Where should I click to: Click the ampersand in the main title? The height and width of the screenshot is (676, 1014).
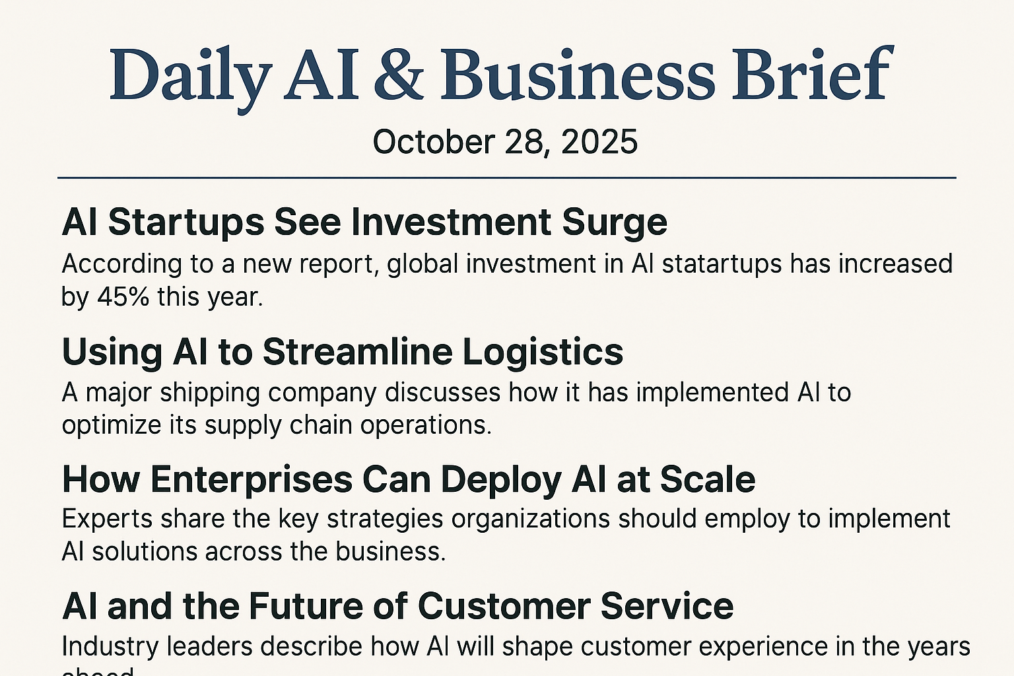399,75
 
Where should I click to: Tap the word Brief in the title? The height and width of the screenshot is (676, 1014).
812,75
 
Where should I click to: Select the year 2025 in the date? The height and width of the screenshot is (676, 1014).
599,142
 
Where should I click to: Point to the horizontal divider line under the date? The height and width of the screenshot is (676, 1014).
507,178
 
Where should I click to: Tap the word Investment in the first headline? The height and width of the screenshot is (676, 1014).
452,222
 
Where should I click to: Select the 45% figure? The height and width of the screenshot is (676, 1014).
123,297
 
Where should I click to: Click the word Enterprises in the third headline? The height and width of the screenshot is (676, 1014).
252,480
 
